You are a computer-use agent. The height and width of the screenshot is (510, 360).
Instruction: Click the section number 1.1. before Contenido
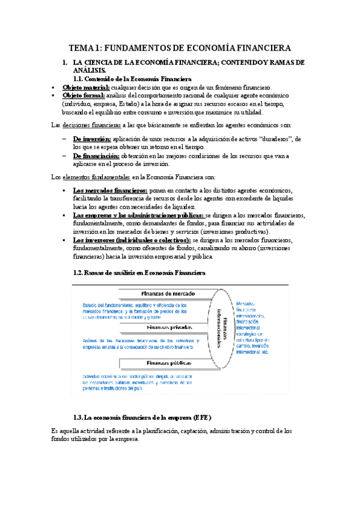point(81,78)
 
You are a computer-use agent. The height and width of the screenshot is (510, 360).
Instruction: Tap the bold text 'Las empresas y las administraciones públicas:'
point(138,215)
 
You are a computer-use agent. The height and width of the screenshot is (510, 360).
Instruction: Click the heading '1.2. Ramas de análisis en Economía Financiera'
point(139,272)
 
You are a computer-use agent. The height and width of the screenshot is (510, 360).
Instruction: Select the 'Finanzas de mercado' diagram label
point(166,293)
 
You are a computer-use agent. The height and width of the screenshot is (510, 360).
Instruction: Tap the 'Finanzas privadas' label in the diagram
point(169,328)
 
